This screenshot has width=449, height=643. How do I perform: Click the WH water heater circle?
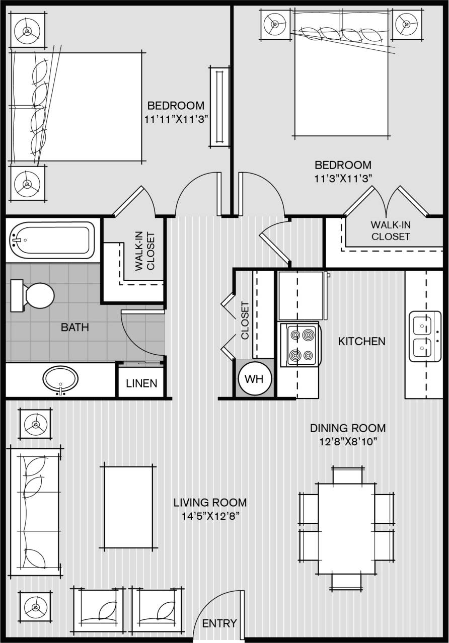pyautogui.click(x=254, y=379)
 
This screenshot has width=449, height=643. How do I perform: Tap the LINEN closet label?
pyautogui.click(x=141, y=383)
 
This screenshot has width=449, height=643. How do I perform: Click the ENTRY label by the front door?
pyautogui.click(x=219, y=624)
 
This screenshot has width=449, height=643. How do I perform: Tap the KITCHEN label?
pyautogui.click(x=361, y=342)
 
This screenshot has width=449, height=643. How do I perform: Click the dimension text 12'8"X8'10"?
pyautogui.click(x=348, y=441)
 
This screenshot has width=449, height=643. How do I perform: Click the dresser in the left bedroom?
pyautogui.click(x=219, y=107)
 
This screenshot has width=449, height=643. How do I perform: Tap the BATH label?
pyautogui.click(x=74, y=328)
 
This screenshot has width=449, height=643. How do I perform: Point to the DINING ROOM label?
pyautogui.click(x=348, y=428)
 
